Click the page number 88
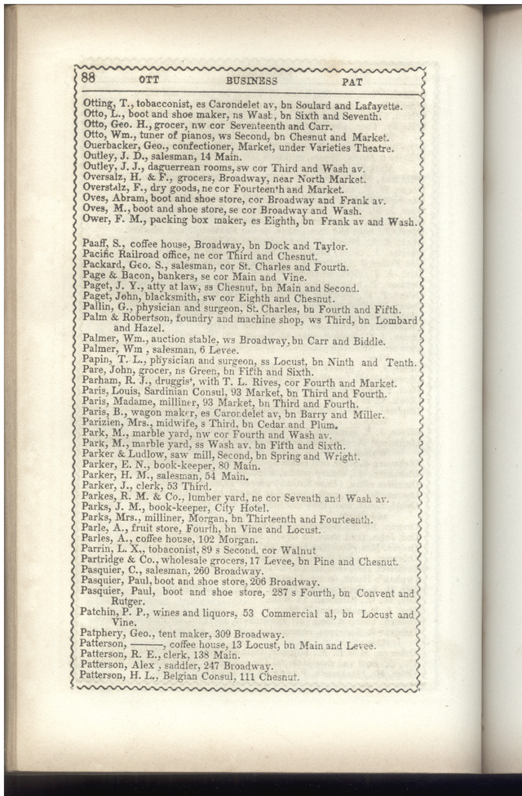[x=90, y=79]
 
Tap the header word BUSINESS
[x=251, y=81]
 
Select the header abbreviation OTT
[x=148, y=81]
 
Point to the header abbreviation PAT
[x=352, y=82]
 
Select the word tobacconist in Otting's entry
[x=151, y=106]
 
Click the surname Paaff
[x=96, y=246]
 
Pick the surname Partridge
[x=107, y=562]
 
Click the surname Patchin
[x=100, y=611]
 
